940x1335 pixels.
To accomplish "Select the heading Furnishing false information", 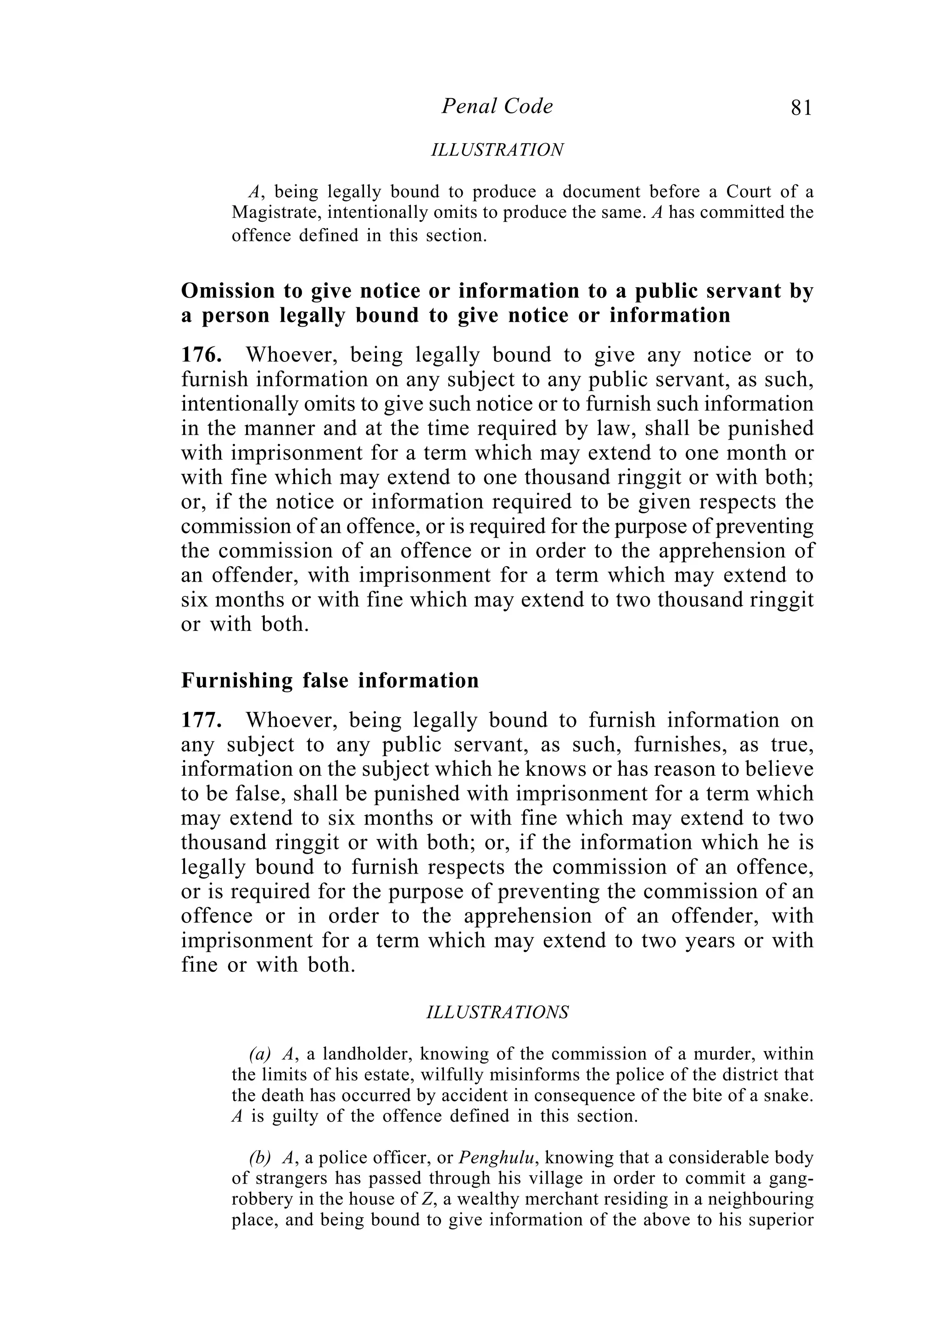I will click(330, 680).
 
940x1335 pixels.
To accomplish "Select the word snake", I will click(795, 1096).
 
